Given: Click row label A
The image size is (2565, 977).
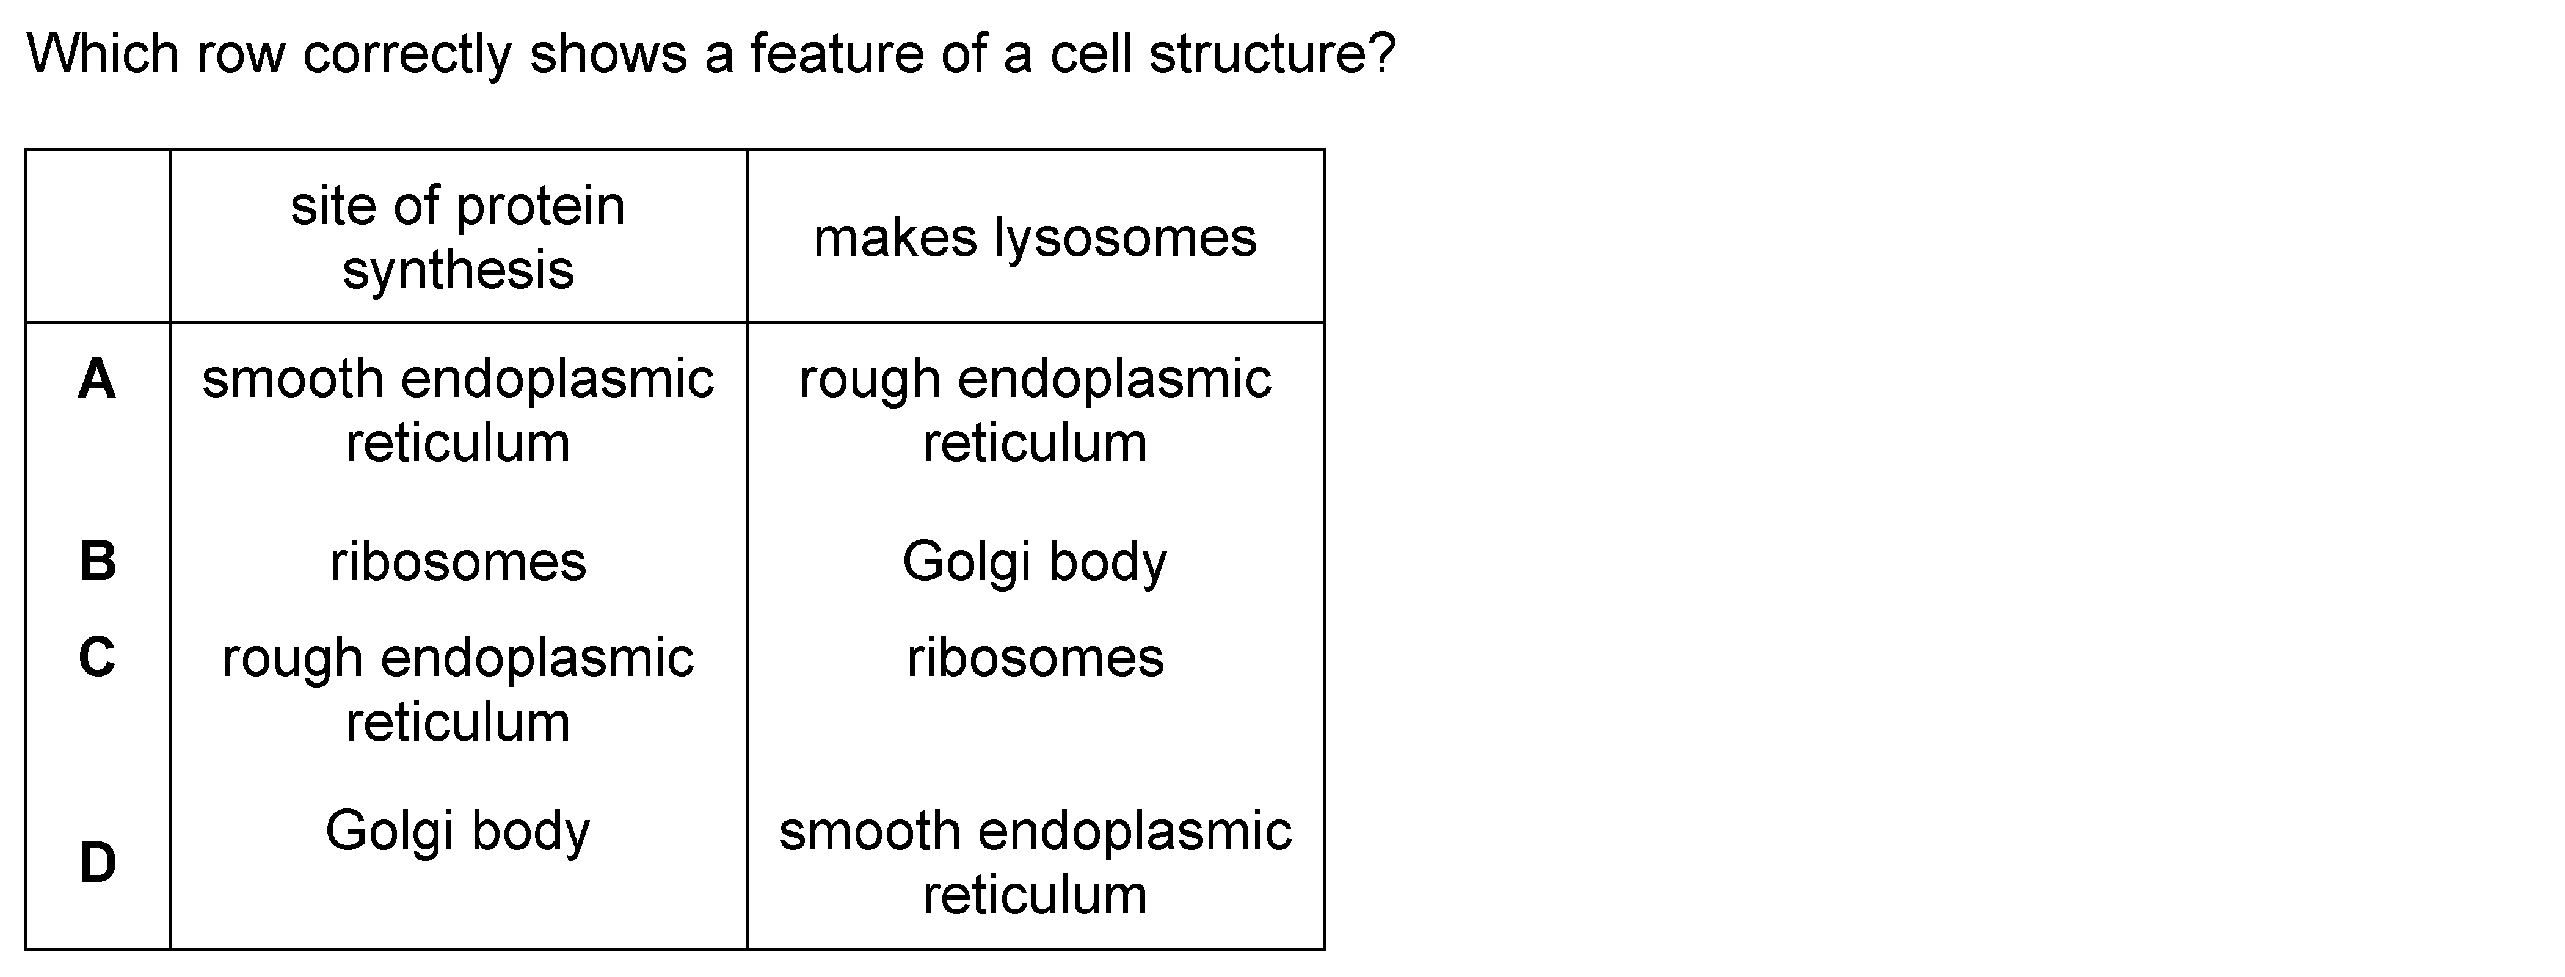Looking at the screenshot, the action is [x=96, y=379].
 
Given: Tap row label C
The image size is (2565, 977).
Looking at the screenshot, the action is [x=96, y=657].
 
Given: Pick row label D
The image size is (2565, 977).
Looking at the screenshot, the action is [x=98, y=862].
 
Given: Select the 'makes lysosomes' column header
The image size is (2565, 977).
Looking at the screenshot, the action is [x=1036, y=238].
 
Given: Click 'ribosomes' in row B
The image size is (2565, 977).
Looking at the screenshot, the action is [x=458, y=562].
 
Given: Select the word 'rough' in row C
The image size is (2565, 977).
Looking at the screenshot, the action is [x=293, y=661].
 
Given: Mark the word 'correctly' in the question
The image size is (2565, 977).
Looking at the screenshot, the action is [x=407, y=56].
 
